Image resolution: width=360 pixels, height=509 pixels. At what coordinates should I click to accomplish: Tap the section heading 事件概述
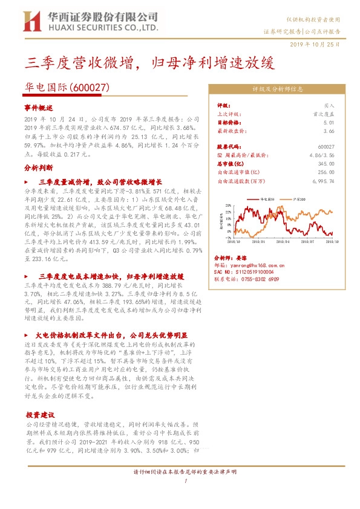pyautogui.click(x=39, y=106)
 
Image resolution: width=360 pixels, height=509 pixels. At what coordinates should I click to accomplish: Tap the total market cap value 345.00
pyautogui.click(x=326, y=163)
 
